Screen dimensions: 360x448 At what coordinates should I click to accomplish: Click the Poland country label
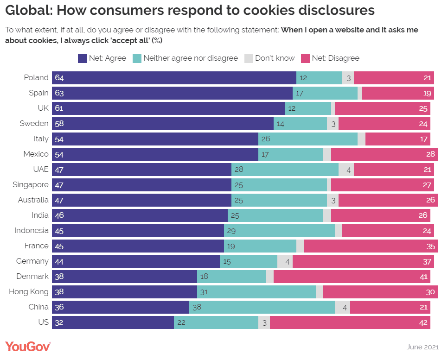(x=36, y=78)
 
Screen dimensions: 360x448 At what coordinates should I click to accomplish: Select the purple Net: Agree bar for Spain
(x=172, y=93)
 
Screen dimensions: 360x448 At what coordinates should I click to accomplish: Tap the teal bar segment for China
(x=262, y=307)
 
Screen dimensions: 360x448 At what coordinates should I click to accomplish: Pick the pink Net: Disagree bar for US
(x=350, y=322)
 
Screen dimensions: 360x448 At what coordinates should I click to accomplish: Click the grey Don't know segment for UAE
(x=346, y=170)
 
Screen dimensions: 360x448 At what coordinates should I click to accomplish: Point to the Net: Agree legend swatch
(x=82, y=58)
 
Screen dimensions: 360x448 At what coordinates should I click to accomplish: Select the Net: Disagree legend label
(x=335, y=58)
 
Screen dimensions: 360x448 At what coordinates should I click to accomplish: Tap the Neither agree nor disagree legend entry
(x=190, y=58)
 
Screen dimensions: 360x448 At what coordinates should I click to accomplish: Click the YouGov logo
(x=28, y=346)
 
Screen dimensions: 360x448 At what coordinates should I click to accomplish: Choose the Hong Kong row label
(x=29, y=292)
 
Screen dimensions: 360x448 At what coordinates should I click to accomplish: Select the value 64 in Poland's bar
(x=59, y=78)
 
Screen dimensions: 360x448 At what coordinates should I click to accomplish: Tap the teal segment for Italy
(x=308, y=139)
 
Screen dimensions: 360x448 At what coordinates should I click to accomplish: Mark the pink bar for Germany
(x=363, y=261)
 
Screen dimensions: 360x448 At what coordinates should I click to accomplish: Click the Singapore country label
(x=31, y=185)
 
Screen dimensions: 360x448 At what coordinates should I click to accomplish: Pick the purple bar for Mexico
(x=155, y=154)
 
